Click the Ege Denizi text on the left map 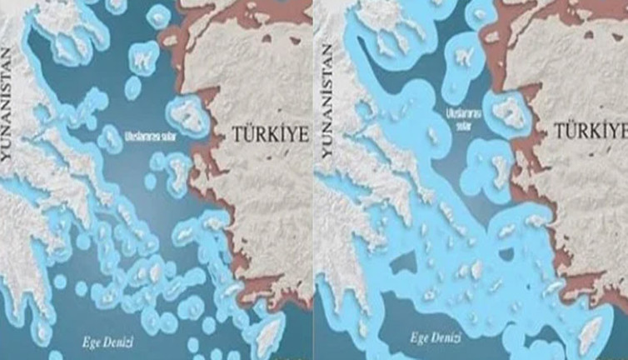tap(107, 342)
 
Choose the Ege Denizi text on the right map tap(434, 338)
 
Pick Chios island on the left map tap(180, 170)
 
